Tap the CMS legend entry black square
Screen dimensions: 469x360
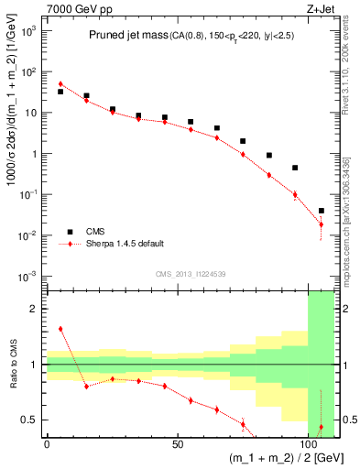[66, 232]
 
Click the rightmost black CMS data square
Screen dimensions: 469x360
[321, 211]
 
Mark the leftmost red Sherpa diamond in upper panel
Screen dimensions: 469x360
[60, 84]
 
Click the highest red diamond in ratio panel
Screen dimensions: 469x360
[60, 329]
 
